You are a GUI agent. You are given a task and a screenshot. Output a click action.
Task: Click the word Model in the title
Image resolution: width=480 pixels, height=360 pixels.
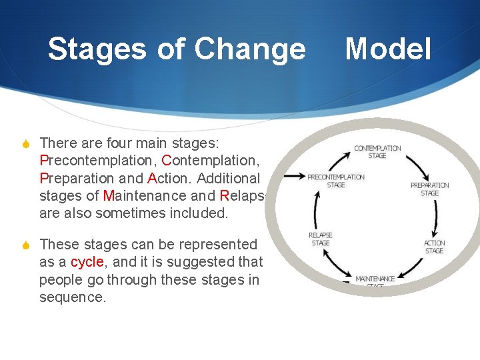coord(388,49)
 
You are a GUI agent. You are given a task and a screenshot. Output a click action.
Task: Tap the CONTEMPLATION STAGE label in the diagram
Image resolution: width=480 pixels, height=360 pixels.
coord(377,152)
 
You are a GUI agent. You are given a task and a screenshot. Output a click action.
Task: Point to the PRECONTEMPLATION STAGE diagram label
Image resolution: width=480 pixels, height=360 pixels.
coord(336,181)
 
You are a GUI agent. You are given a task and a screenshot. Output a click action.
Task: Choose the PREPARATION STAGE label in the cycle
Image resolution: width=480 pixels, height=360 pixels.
coord(429,189)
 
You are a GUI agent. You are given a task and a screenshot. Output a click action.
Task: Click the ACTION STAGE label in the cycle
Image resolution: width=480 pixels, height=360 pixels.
coord(434,247)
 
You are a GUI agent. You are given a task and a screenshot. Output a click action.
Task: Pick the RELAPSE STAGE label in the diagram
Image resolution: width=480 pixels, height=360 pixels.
coord(321,239)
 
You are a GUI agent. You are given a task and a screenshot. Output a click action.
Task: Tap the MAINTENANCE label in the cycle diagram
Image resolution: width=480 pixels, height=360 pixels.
coord(375,279)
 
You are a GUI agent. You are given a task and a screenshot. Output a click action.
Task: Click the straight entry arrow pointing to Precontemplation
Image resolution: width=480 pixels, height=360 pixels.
coord(294,177)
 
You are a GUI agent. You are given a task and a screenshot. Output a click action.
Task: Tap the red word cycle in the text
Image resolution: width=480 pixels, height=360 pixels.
coord(85,262)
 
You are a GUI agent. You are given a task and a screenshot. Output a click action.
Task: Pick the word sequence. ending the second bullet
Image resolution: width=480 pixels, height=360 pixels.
coord(72,297)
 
